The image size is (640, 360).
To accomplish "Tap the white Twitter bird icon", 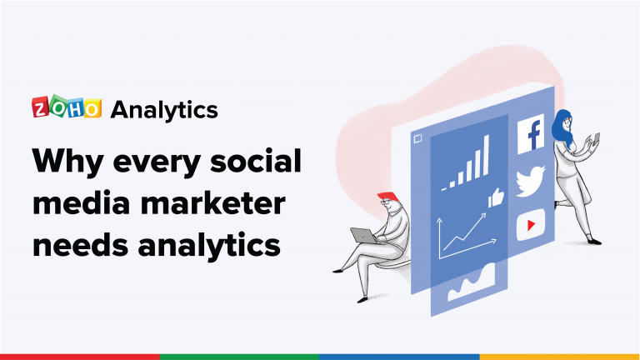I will point(529,182).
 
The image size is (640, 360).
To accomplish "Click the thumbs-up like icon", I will point(497,197).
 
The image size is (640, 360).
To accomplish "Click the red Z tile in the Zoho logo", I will point(41,109).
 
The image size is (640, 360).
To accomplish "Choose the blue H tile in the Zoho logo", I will point(75,109).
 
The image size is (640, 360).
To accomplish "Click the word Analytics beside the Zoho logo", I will point(164,109).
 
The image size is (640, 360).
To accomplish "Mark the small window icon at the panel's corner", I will point(417,139).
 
